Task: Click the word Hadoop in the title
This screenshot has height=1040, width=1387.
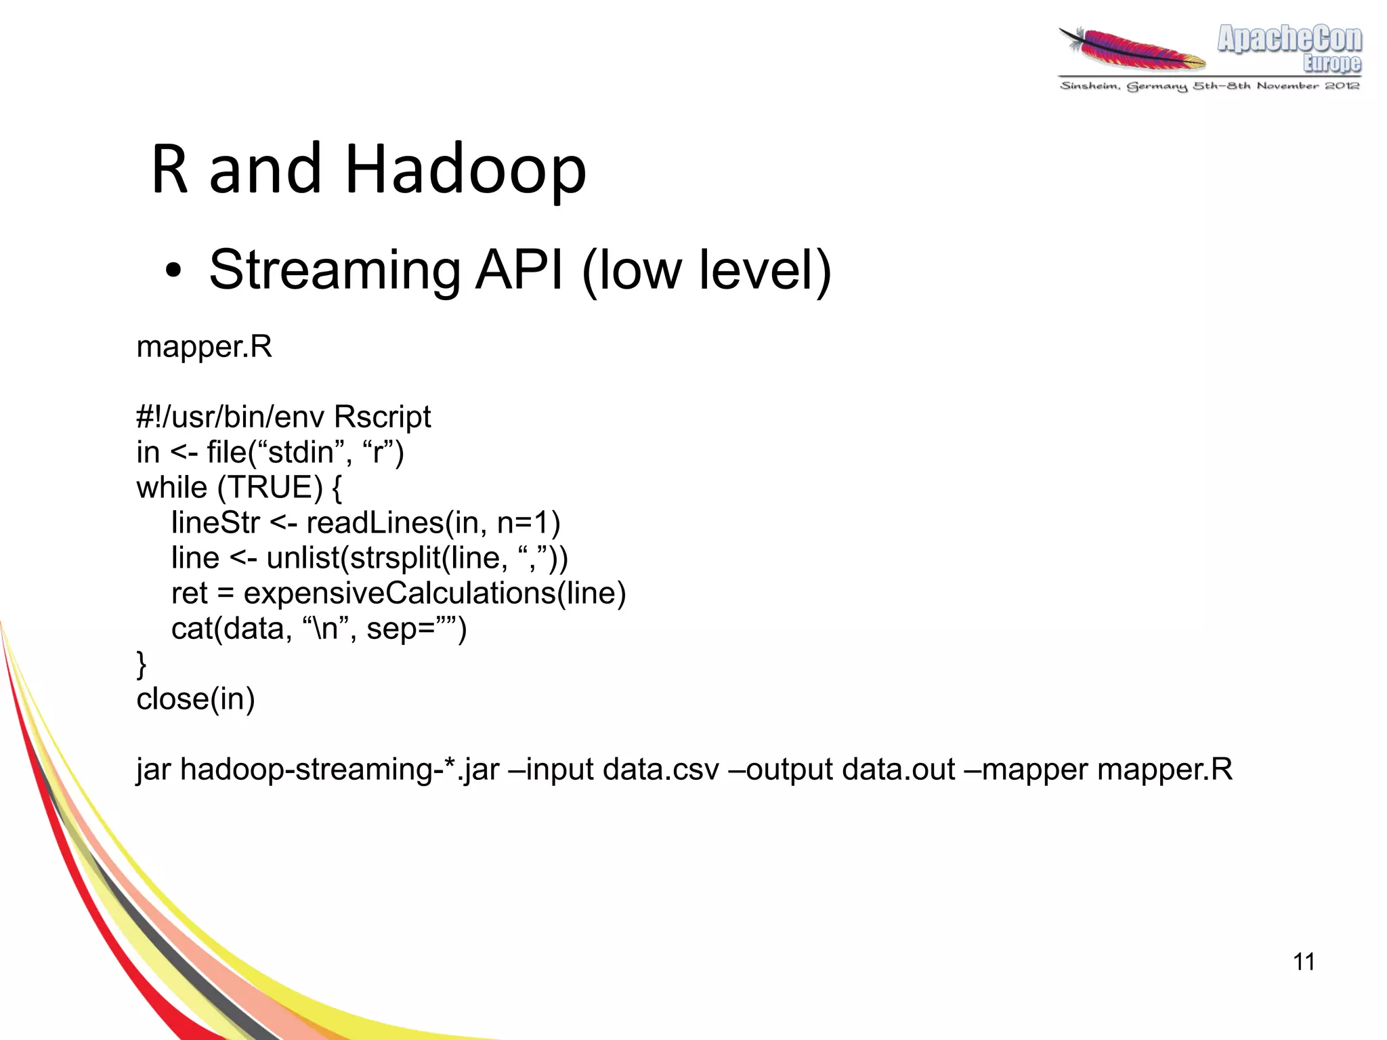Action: (465, 169)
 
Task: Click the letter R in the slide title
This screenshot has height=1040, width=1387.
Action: (169, 169)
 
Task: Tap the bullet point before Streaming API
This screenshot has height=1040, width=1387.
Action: (173, 272)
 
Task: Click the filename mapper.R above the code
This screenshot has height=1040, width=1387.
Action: (204, 347)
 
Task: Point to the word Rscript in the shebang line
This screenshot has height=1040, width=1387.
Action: (382, 417)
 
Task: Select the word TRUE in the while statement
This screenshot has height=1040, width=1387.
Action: (270, 488)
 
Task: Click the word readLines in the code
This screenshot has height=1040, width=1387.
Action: (375, 523)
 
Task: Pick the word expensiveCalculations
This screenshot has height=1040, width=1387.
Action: (400, 594)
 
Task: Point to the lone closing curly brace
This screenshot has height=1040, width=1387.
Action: (142, 664)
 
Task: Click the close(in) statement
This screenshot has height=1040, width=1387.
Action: (196, 699)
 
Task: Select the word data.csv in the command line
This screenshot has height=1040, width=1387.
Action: (660, 770)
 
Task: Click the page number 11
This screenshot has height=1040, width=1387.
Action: (1304, 961)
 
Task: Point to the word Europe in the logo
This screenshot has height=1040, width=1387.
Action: (1331, 64)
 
